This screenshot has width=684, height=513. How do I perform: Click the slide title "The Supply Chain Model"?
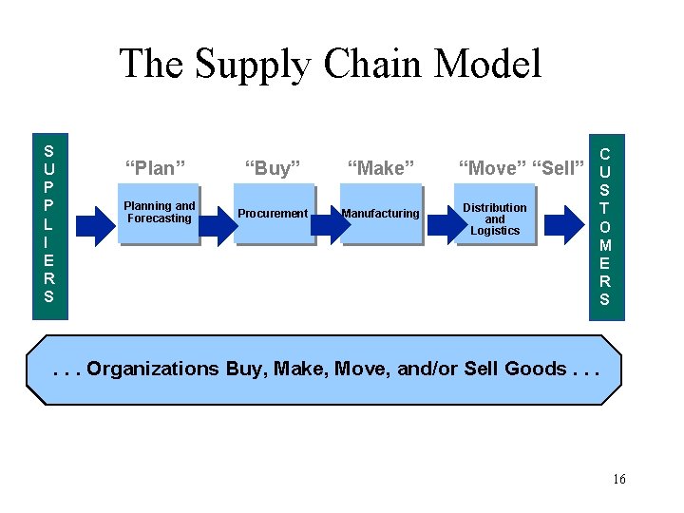[330, 65]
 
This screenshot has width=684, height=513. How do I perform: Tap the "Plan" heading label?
[156, 168]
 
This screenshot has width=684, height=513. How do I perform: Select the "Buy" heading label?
[273, 168]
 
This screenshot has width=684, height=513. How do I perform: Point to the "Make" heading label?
[381, 168]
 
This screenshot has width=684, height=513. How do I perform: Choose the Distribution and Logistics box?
[495, 218]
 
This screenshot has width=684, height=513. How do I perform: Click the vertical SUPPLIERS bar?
[48, 223]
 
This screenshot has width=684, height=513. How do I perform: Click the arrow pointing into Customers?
[566, 224]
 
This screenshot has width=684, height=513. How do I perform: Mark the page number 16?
[619, 479]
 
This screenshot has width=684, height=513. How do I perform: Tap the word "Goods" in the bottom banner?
[536, 369]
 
